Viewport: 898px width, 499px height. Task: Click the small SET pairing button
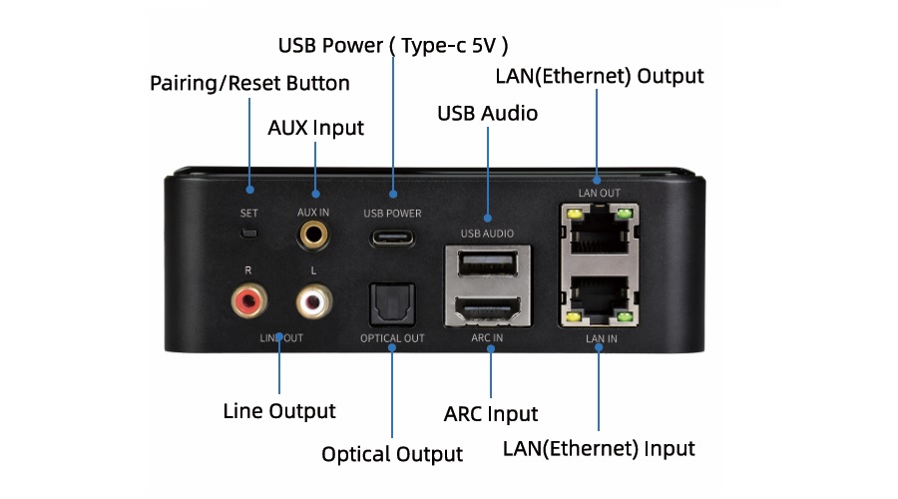[250, 236]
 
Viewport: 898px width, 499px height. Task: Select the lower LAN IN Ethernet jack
[599, 299]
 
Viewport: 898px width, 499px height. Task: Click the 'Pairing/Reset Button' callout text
[249, 83]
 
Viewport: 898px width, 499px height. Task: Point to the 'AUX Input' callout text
[316, 129]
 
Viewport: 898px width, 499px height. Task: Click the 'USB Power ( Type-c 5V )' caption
[393, 45]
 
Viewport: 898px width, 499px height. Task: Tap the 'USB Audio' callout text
[488, 114]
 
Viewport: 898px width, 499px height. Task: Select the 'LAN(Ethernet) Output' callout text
[600, 76]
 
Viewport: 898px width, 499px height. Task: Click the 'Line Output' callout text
[279, 411]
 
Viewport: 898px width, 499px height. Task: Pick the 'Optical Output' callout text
[392, 455]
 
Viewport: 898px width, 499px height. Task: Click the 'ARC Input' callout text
[490, 413]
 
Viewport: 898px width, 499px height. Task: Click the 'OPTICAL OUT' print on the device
[392, 338]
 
